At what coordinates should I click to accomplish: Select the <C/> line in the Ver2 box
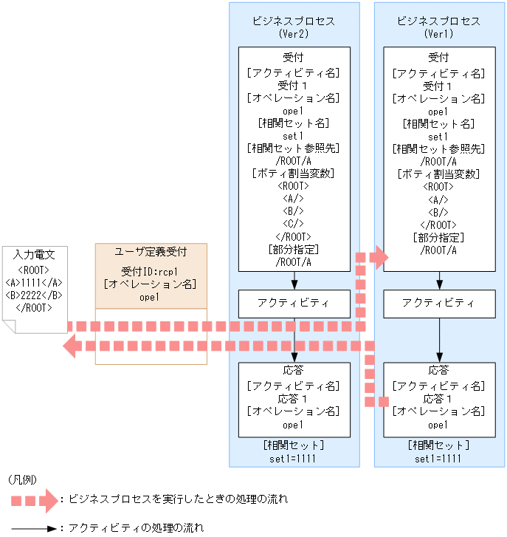[x=294, y=223]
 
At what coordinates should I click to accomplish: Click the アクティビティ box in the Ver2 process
[x=294, y=303]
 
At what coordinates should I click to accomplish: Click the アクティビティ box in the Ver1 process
[x=439, y=303]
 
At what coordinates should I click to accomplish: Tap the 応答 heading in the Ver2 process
[x=294, y=372]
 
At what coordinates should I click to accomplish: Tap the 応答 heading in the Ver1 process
[x=439, y=372]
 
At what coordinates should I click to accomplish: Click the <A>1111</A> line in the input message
[x=35, y=282]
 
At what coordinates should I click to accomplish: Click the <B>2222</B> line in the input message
[x=35, y=295]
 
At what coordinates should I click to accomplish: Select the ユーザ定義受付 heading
[x=151, y=252]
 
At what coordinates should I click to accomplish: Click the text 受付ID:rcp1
[x=151, y=270]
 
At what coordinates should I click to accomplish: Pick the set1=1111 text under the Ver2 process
[x=294, y=458]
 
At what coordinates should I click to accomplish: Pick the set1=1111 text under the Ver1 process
[x=439, y=458]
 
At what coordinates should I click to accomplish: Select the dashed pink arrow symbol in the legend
[x=34, y=500]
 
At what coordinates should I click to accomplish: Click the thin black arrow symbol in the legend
[x=34, y=528]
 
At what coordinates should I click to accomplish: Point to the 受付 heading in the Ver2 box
[x=294, y=57]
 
